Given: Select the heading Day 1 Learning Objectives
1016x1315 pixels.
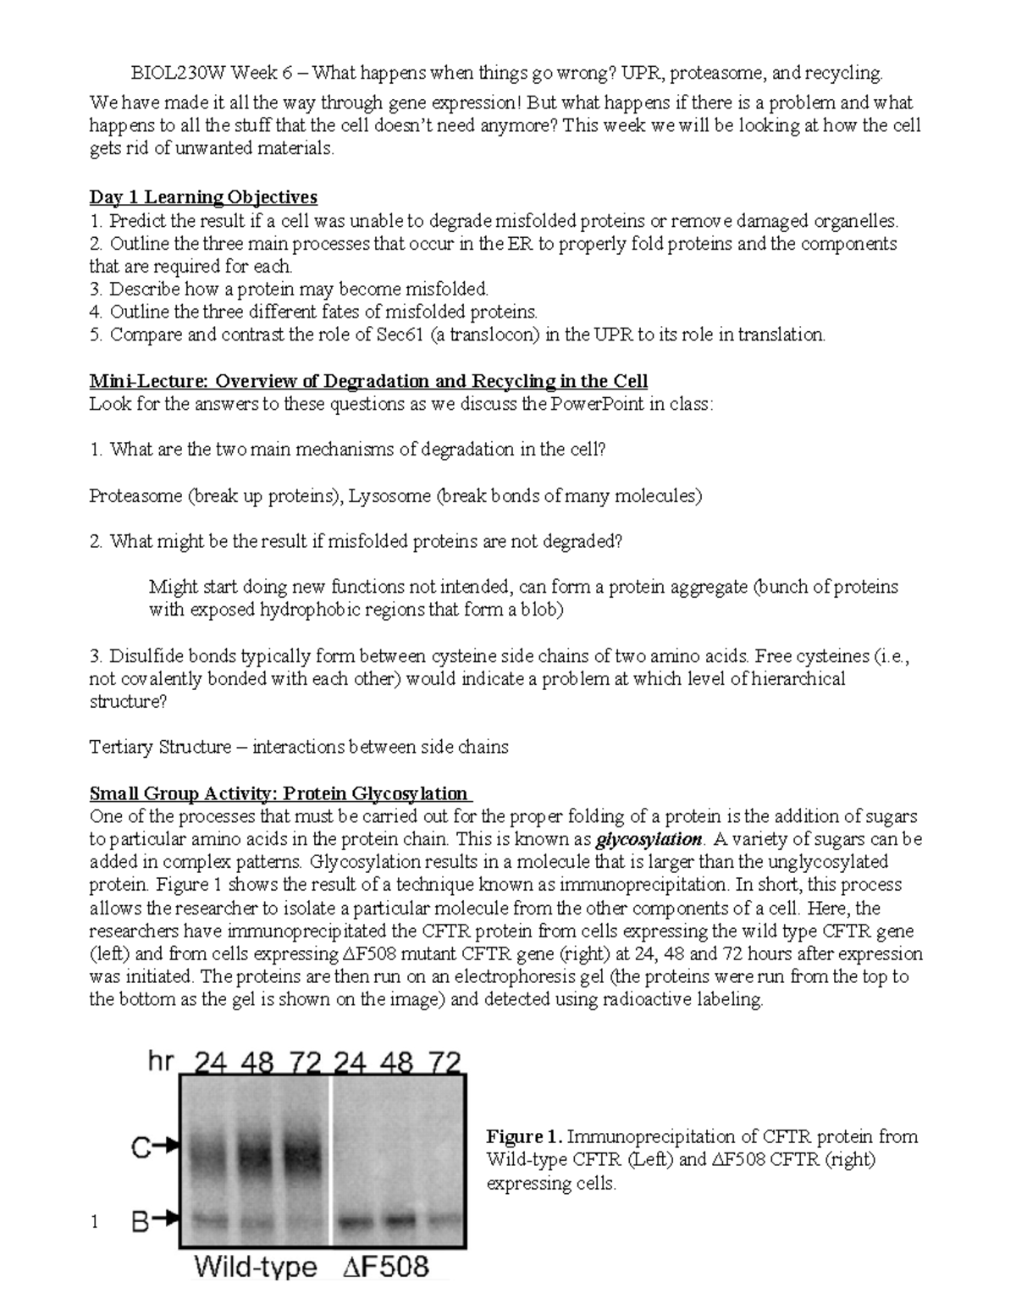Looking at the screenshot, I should click(203, 197).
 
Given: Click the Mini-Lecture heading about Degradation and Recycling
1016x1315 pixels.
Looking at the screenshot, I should click(368, 381).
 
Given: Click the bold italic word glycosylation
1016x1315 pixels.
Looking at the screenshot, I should click(649, 840).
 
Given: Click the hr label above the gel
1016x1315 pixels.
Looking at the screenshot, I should click(161, 1061).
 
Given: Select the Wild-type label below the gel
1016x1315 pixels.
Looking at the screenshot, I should click(256, 1268).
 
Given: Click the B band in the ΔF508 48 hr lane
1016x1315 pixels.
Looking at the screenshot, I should click(399, 1220).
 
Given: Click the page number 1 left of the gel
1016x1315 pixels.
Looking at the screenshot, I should click(96, 1222).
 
